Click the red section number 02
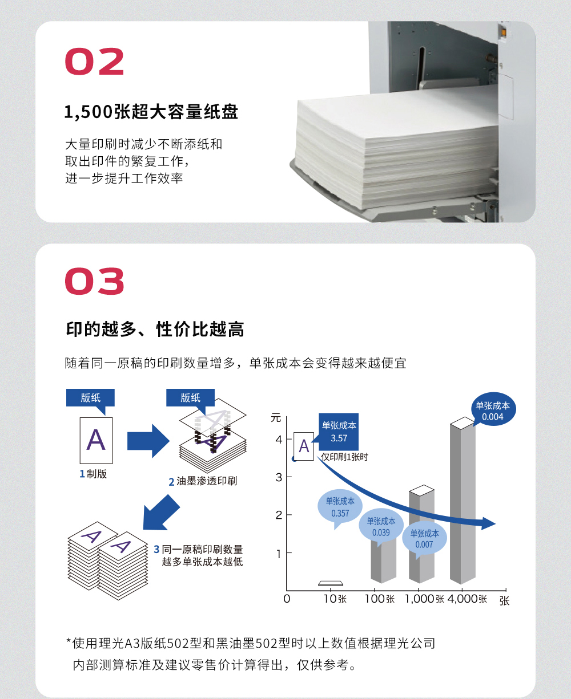(x=94, y=62)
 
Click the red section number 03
(x=94, y=281)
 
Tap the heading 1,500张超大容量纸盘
(x=151, y=112)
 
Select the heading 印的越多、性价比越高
(x=155, y=329)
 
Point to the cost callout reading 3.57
(x=338, y=432)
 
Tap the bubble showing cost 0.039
(x=381, y=527)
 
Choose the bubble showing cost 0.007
(x=424, y=539)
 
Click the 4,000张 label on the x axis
(x=467, y=599)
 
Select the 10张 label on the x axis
(x=335, y=599)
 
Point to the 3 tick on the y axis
(x=279, y=478)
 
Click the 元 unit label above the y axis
(x=276, y=418)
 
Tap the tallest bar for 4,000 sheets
(x=463, y=501)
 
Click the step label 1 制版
(x=93, y=474)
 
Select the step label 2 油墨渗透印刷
(x=203, y=481)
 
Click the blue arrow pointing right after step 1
(x=148, y=441)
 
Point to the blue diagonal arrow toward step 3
(x=162, y=513)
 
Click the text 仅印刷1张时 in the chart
(x=344, y=457)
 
